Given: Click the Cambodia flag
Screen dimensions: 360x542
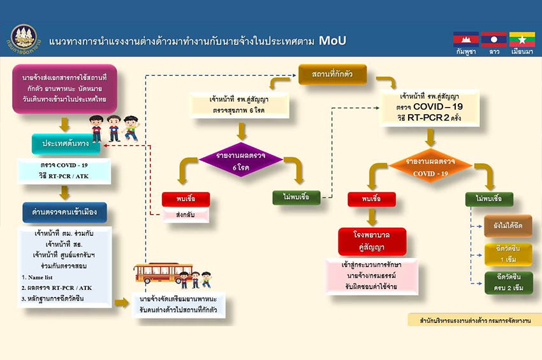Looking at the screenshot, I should pos(465,40).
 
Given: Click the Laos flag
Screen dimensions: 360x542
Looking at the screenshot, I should pos(494,40).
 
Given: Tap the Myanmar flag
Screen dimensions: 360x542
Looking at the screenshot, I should pos(521,40).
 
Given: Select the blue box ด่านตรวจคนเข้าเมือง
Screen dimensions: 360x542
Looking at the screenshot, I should pos(64,211).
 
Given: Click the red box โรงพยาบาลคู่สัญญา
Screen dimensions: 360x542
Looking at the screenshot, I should pos(372,241).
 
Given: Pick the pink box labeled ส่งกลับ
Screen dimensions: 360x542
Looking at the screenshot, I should pos(186,215).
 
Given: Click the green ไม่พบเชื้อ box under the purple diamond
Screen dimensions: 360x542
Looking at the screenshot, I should pos(295,197).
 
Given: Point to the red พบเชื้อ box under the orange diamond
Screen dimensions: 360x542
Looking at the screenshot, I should pos(372,199).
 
